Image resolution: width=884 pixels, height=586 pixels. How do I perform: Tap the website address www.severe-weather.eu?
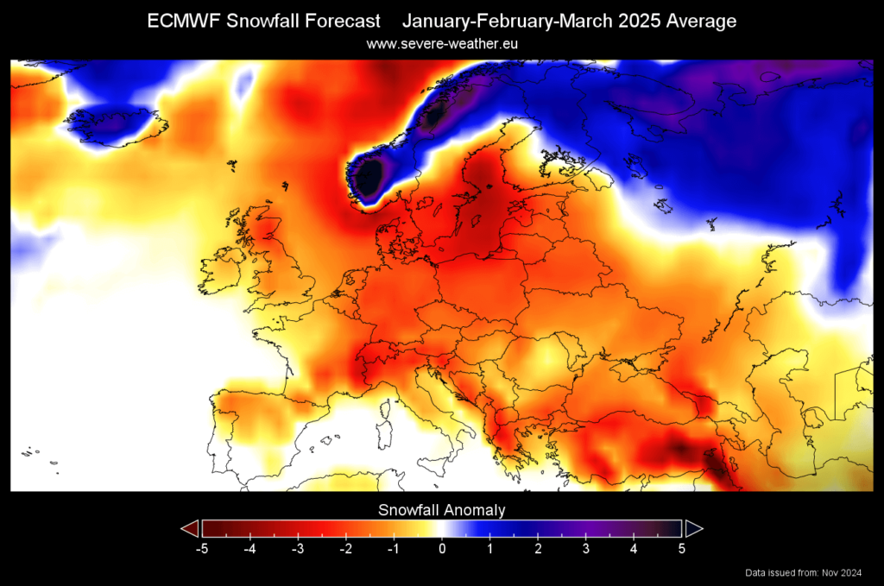pos(442,43)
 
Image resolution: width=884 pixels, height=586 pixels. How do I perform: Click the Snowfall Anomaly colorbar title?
pos(442,510)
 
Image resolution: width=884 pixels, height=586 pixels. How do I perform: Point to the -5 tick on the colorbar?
pos(202,546)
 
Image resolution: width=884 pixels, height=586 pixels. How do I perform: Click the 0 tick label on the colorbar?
pos(442,546)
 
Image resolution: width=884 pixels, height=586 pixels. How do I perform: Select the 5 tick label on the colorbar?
pos(682,546)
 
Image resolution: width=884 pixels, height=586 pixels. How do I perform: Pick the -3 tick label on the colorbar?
pos(298,546)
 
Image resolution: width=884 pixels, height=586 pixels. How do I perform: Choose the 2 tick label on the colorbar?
pos(538,546)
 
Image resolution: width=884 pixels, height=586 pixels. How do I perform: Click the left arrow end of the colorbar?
pos(189,527)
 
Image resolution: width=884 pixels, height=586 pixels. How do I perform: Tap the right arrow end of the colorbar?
pos(694,527)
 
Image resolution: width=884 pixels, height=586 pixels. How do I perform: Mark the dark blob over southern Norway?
pos(370,177)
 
